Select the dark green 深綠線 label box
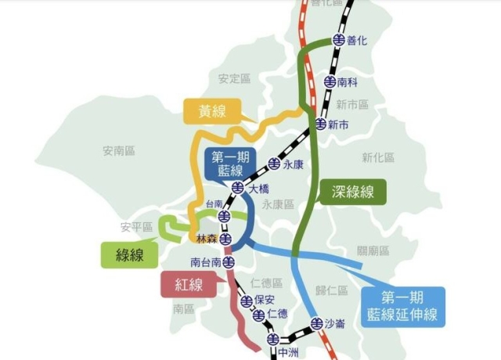point(352,192)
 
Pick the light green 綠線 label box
point(130,254)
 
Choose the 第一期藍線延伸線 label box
point(402,307)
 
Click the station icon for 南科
point(330,81)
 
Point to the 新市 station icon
point(320,124)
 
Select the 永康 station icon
point(274,164)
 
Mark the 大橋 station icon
point(238,189)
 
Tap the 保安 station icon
point(246,301)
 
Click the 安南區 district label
point(119,150)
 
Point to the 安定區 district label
point(234,78)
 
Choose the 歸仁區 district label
point(331,290)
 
